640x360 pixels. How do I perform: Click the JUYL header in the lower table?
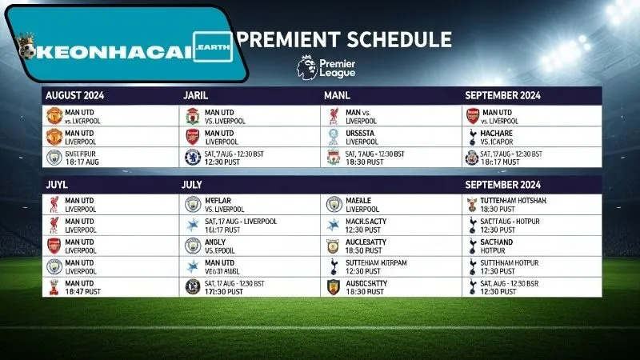click(58, 183)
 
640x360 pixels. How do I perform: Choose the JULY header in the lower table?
click(191, 183)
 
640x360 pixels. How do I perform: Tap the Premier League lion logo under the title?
click(305, 66)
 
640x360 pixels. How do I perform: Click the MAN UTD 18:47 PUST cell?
click(81, 287)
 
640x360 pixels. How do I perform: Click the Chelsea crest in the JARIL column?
click(192, 157)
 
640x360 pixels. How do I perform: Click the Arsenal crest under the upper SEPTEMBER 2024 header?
click(473, 116)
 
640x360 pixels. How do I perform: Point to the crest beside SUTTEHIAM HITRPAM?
click(333, 266)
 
